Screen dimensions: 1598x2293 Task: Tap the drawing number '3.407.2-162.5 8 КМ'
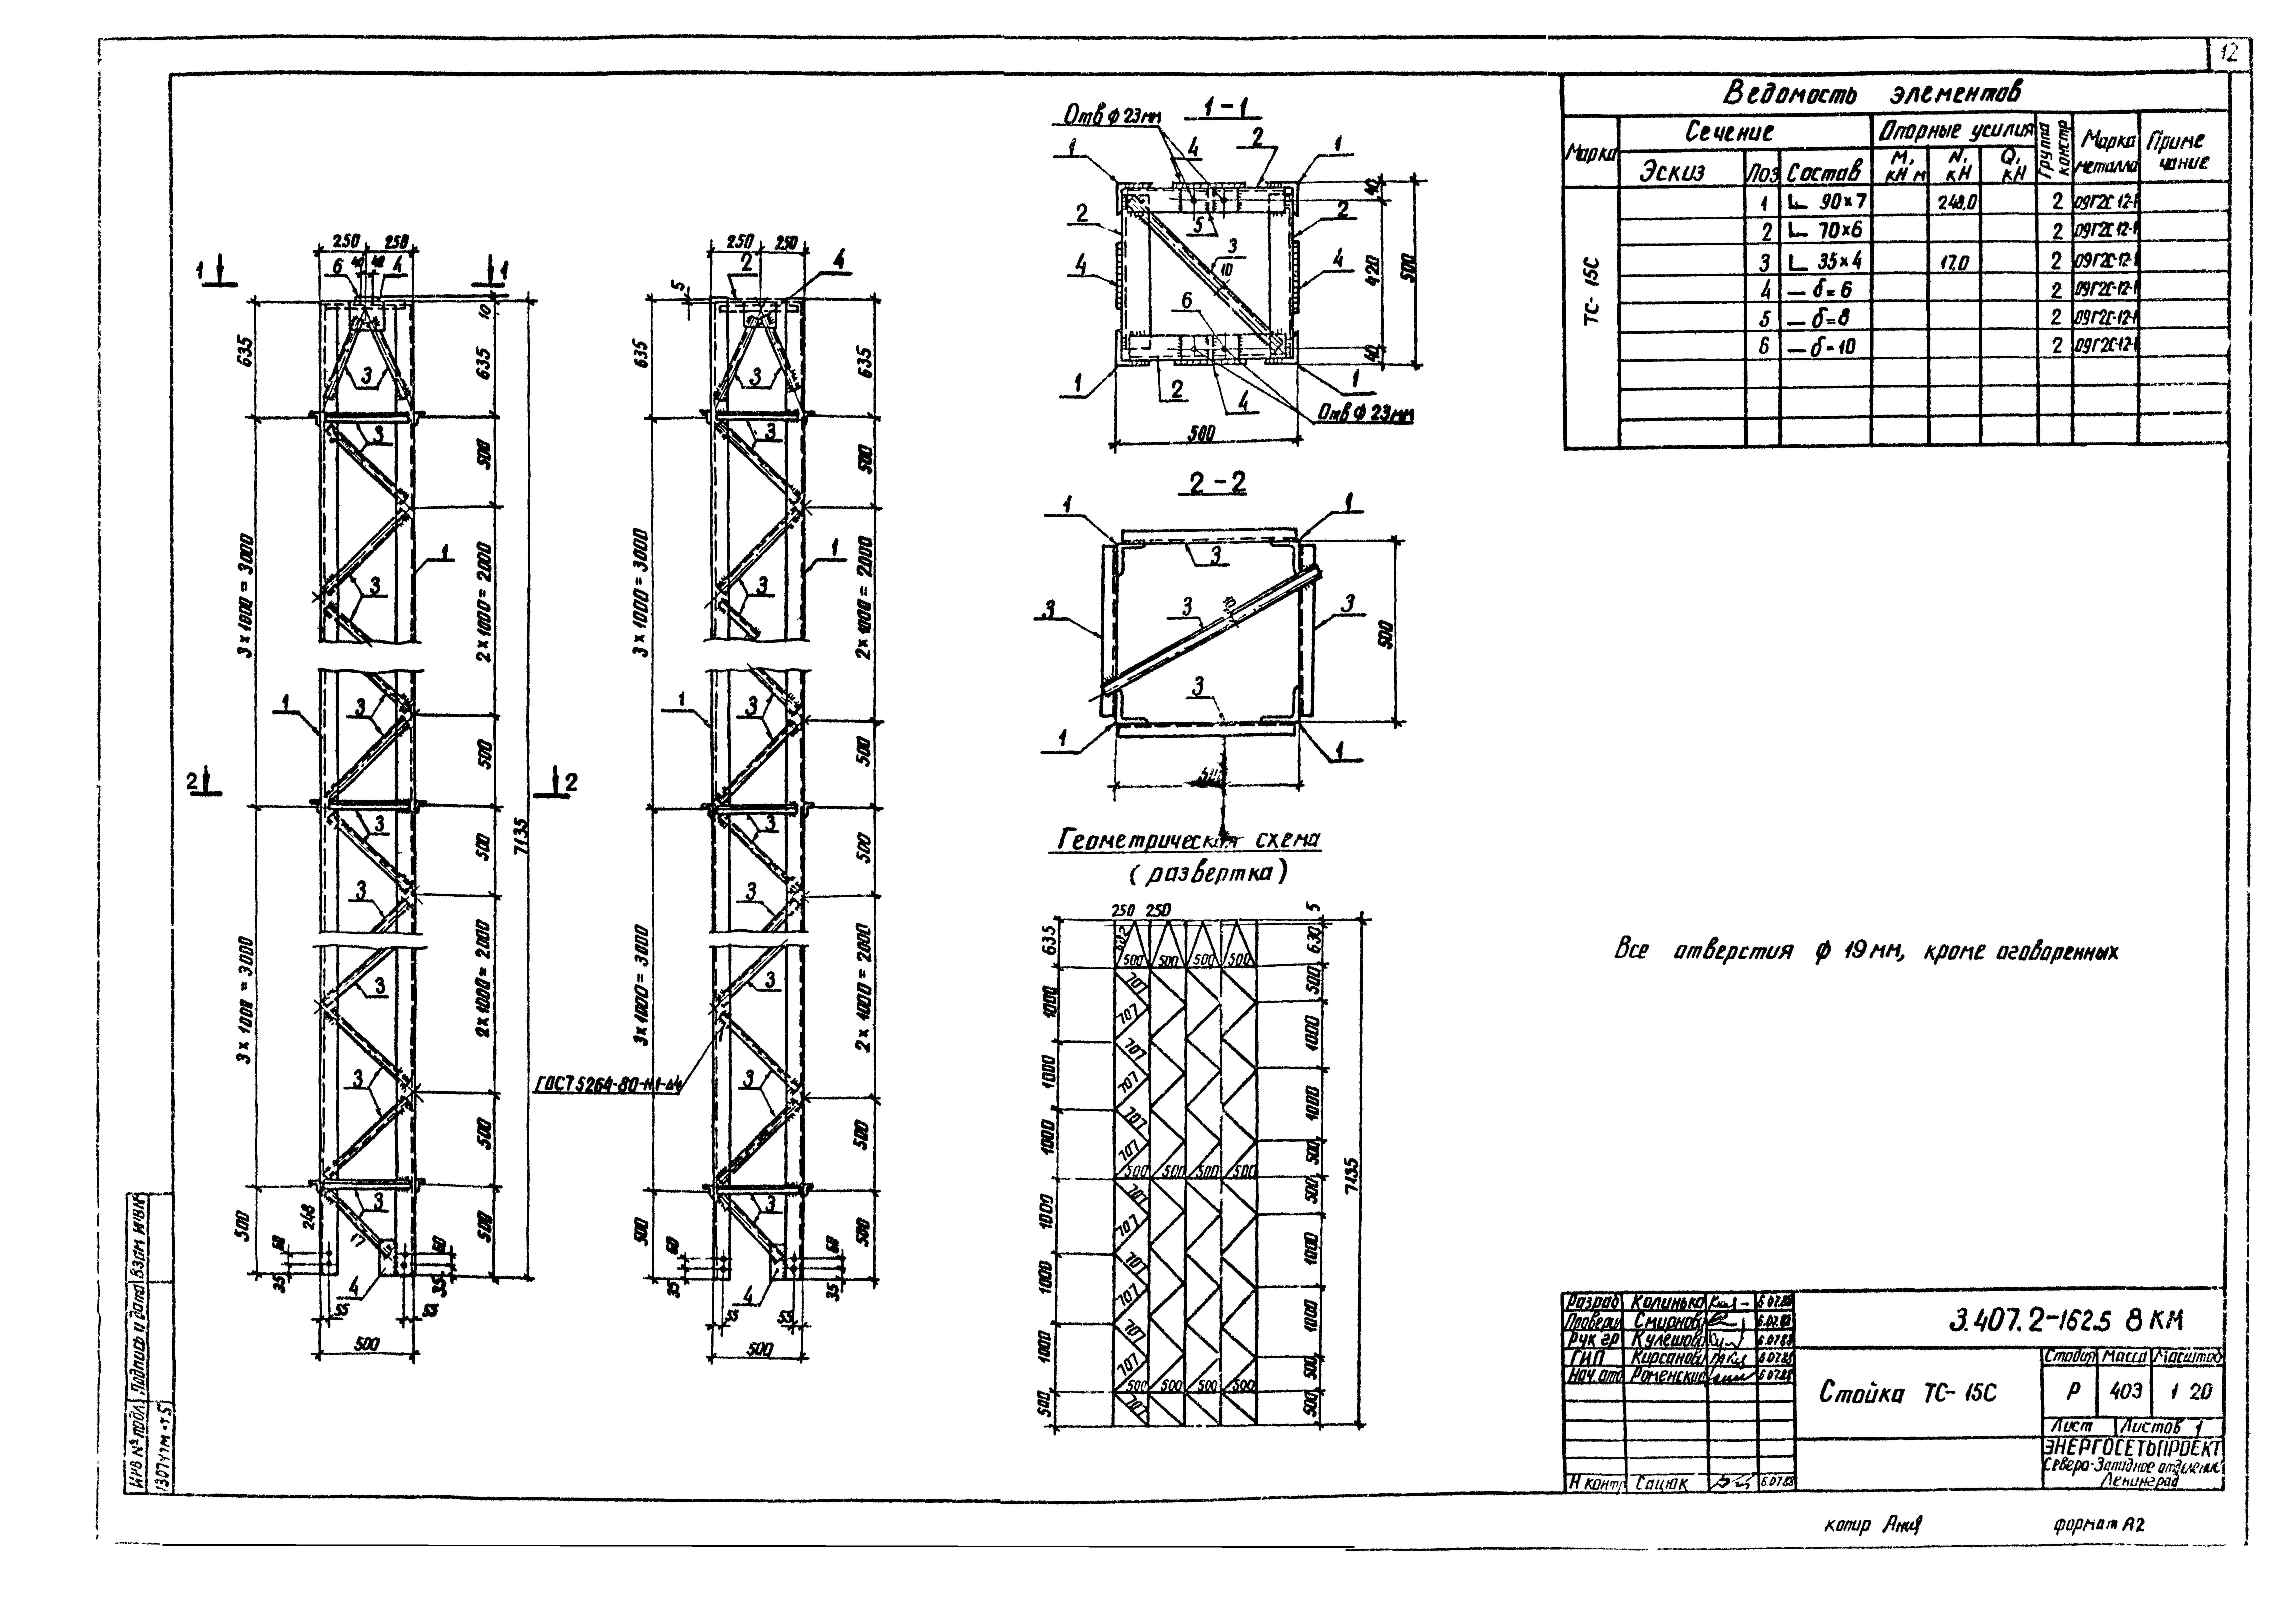pyautogui.click(x=2064, y=1321)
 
